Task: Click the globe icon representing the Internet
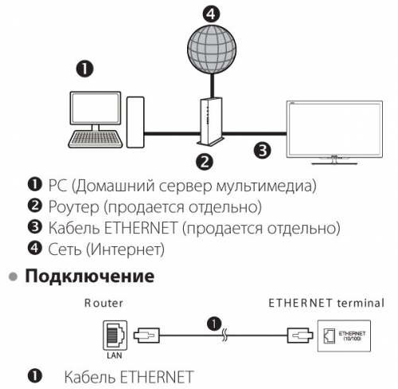pos(212,49)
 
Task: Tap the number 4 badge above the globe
pos(211,14)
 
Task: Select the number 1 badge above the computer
pos(84,69)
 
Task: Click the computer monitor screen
pos(96,108)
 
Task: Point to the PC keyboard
pos(96,139)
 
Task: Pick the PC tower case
pos(135,122)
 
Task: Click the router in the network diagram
pos(211,122)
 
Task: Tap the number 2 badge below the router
pos(205,161)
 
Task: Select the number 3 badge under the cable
pos(263,150)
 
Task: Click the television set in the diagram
pos(334,132)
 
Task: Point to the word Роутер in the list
pos(73,206)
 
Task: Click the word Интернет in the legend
pos(126,250)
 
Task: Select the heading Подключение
pos(90,276)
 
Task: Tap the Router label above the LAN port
pos(103,303)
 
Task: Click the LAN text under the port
pos(115,356)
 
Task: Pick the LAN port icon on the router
pos(115,336)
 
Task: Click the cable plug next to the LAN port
pos(146,336)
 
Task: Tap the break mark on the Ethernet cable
pos(224,336)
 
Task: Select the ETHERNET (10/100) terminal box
pos(344,336)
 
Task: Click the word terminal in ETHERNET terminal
pos(361,303)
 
